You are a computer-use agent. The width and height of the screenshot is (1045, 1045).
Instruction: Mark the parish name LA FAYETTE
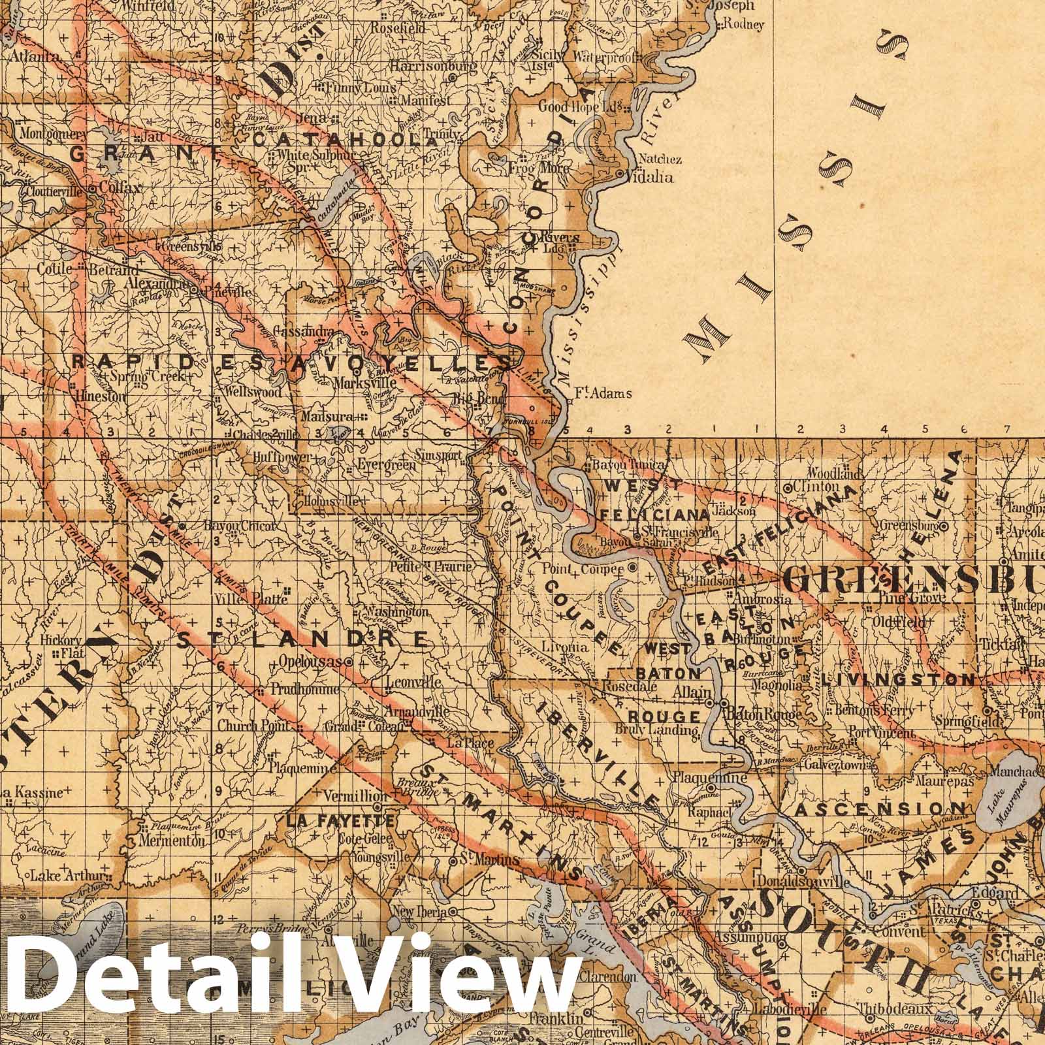click(x=339, y=820)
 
